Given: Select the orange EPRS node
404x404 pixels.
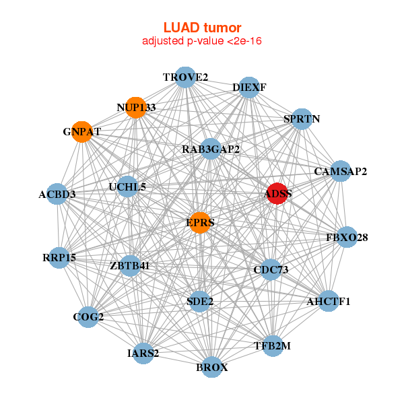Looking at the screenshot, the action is (x=199, y=222).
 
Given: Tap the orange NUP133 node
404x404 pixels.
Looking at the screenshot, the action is (x=136, y=108).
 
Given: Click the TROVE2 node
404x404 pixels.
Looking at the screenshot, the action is (x=185, y=77).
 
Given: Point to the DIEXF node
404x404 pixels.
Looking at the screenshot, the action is (x=249, y=88).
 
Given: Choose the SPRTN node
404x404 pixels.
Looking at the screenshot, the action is (x=302, y=119).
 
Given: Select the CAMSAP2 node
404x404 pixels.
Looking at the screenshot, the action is (x=341, y=172).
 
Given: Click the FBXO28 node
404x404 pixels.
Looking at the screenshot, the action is (x=347, y=237).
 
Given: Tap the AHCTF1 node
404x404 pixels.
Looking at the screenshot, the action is (x=329, y=301).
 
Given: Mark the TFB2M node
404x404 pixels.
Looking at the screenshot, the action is (x=272, y=345).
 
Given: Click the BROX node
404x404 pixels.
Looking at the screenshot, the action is (x=212, y=368).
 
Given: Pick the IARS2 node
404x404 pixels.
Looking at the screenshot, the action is (x=143, y=353).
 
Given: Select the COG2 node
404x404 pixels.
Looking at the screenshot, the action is (x=88, y=316).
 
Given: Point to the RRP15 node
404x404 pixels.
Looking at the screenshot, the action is (x=59, y=257).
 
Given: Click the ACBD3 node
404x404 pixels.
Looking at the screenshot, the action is (x=57, y=195).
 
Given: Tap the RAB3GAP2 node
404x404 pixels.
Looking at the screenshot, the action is (x=211, y=149).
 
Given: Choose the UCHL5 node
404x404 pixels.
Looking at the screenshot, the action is (x=127, y=187).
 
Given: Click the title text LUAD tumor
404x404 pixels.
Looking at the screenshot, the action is (x=202, y=28).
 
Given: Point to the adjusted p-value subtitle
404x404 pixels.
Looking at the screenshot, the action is (x=202, y=41).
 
